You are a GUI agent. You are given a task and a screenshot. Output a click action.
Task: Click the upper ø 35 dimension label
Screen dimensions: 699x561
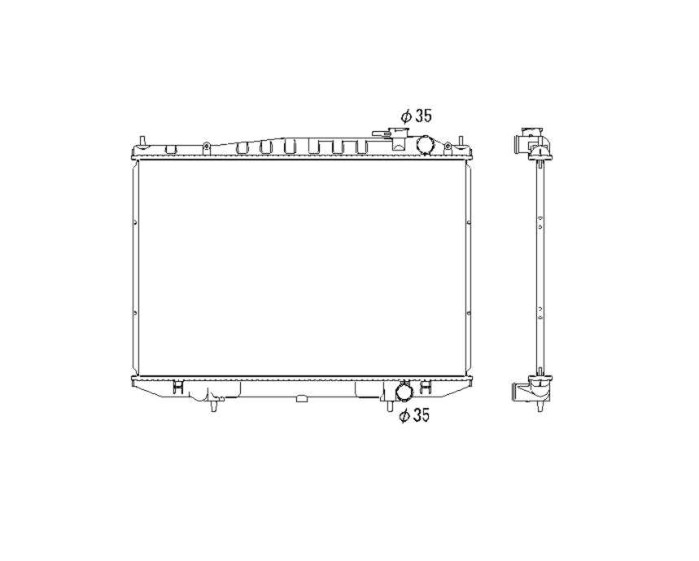(x=417, y=116)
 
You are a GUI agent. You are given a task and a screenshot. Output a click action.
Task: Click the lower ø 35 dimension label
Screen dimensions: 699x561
(x=414, y=415)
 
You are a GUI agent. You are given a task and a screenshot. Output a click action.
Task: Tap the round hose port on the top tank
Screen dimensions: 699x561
(x=426, y=145)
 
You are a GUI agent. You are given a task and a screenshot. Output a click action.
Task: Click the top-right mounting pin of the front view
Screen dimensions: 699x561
(x=461, y=141)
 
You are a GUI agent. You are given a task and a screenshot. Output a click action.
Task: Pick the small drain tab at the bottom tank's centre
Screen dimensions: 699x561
(x=302, y=398)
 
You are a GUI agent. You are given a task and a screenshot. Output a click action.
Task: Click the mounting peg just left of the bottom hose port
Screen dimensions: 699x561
(x=389, y=405)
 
